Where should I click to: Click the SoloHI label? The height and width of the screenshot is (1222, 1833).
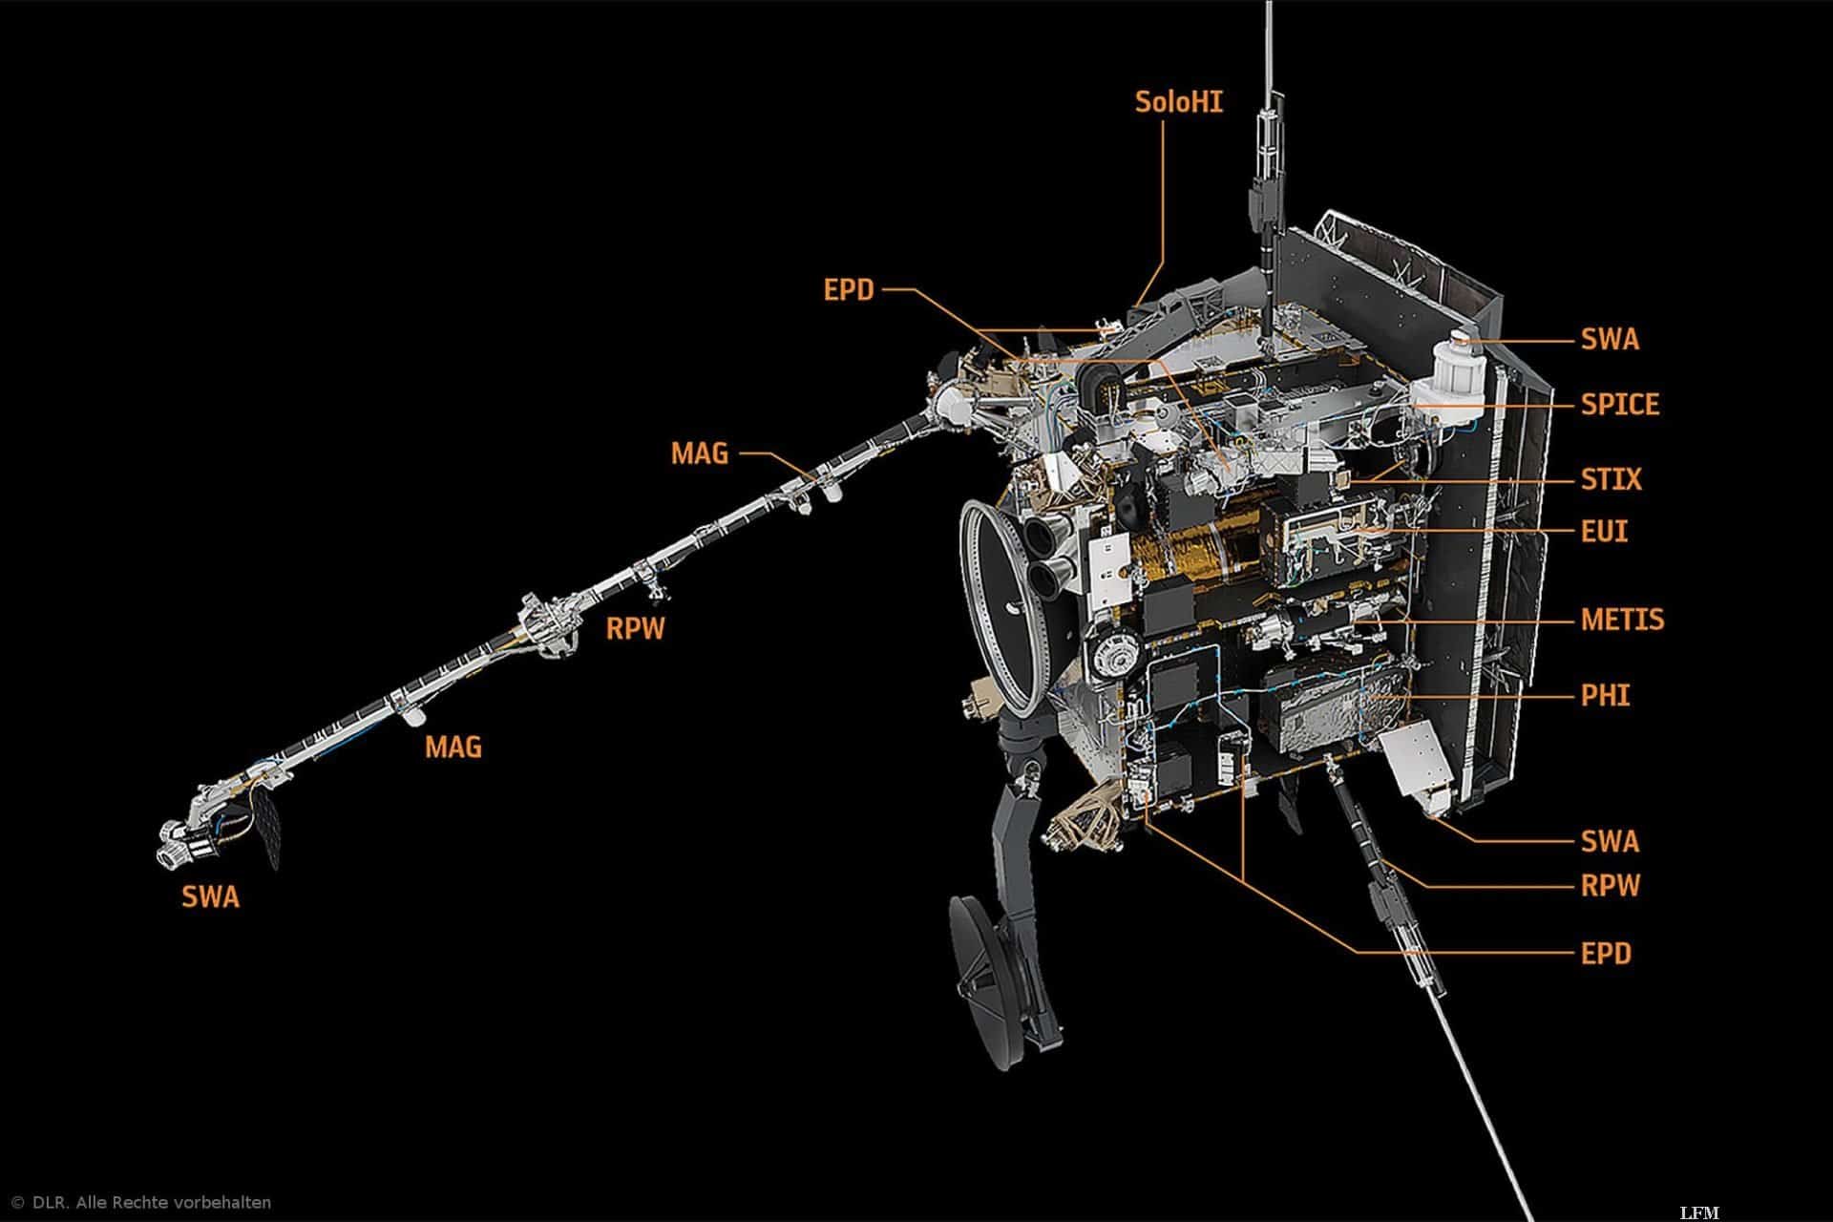[1178, 102]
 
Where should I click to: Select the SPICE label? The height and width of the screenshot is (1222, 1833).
[1619, 404]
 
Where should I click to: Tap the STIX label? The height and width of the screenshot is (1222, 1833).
[1612, 478]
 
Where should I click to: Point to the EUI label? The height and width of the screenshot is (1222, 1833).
[1604, 530]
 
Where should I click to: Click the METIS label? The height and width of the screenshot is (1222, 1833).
[1622, 620]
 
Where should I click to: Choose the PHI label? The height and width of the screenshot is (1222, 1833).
[1605, 695]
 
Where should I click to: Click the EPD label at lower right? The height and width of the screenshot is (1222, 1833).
[1606, 953]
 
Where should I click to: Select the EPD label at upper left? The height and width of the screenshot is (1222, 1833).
[849, 289]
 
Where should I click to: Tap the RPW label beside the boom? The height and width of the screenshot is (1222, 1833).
[635, 629]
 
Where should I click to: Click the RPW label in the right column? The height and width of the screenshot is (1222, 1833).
[1610, 886]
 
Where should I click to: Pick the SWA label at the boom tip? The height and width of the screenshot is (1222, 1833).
[211, 896]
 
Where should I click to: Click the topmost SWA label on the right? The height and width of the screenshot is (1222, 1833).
[1610, 339]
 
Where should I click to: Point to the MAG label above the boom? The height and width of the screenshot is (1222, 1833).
[699, 453]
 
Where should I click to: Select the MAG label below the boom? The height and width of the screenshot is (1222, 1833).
[453, 746]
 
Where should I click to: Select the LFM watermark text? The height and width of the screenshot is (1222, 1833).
[1698, 1212]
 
